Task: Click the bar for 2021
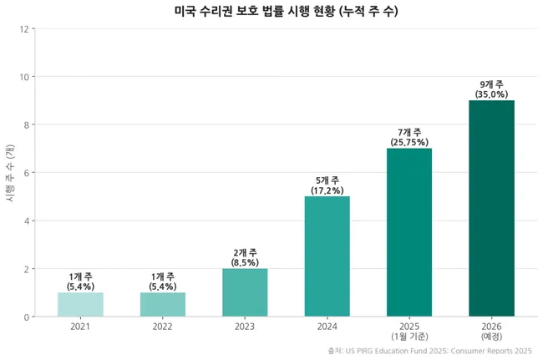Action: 80,305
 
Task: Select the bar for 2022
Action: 162,305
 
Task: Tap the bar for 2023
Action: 245,292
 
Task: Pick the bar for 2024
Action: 327,256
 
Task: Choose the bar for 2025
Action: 409,232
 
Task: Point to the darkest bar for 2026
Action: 491,209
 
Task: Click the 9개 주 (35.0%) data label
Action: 491,89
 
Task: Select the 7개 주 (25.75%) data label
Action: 409,137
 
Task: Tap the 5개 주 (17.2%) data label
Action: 327,185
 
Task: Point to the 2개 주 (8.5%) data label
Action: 245,257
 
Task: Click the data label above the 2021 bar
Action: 80,281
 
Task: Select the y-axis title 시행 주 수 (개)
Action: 10,173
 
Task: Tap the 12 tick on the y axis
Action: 25,29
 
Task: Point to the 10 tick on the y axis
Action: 25,77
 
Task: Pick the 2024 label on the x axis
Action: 327,326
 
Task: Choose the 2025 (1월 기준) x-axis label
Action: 409,331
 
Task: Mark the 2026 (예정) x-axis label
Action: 491,331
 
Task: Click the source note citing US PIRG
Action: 429,351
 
